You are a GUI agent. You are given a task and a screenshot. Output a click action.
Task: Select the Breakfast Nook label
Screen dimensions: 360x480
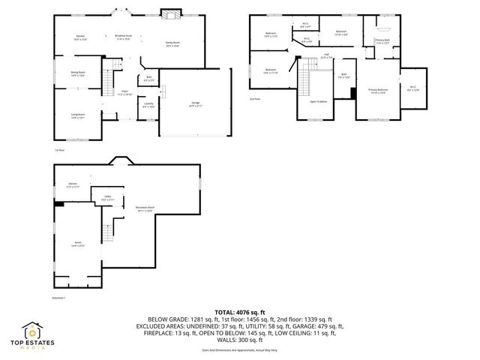[x=124, y=36]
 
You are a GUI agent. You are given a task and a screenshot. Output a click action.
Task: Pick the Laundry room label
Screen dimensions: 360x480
[x=148, y=105]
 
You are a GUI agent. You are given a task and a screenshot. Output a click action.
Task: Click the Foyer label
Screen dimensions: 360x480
[x=124, y=94]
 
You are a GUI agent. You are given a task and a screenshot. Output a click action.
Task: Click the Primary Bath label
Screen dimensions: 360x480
[x=382, y=41]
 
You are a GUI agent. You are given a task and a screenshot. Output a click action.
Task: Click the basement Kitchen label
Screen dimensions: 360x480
[x=73, y=184]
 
